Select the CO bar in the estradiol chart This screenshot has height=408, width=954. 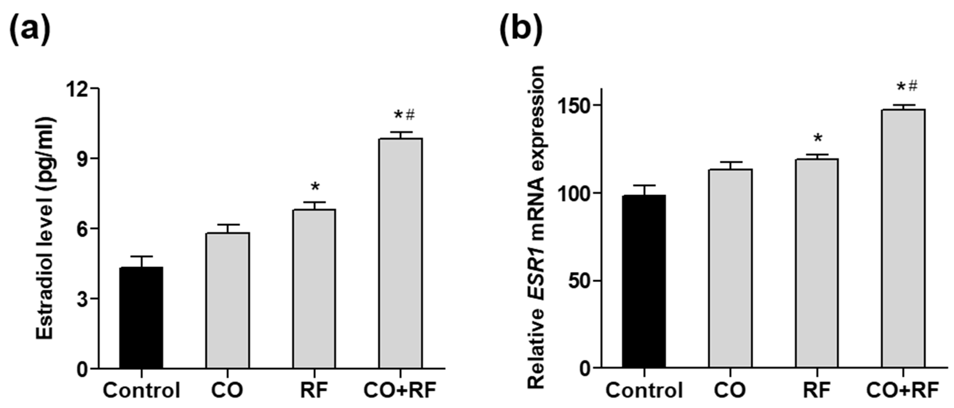point(227,300)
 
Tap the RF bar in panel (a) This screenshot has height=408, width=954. point(314,289)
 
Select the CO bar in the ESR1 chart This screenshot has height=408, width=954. point(730,268)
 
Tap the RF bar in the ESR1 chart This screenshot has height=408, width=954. point(817,263)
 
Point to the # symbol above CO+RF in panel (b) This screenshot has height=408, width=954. point(913,86)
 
